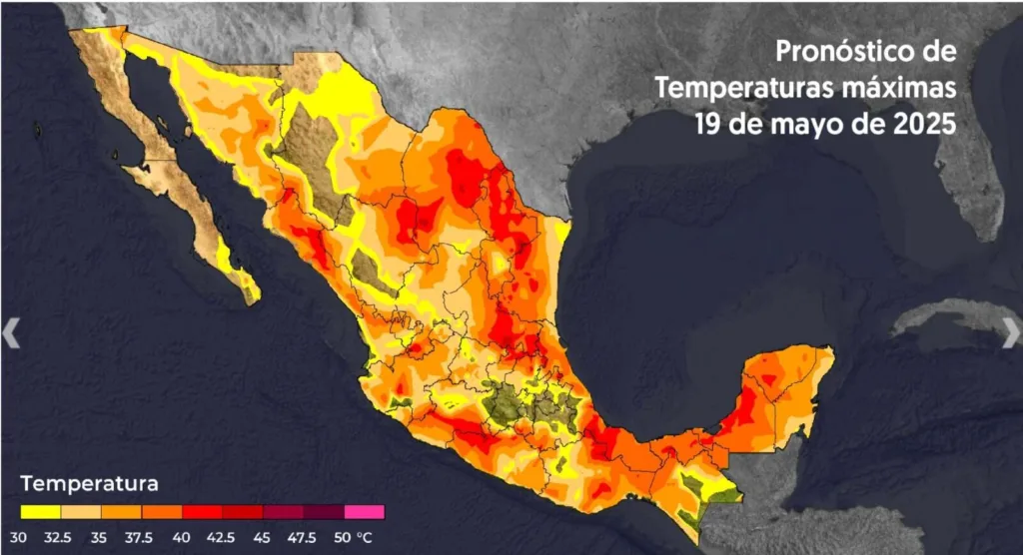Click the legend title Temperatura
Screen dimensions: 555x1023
pos(89,485)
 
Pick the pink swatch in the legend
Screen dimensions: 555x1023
pos(364,512)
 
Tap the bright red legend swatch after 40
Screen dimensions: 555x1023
pos(202,512)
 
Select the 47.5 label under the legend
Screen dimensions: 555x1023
pos(303,537)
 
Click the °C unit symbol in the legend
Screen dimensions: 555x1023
pos(366,537)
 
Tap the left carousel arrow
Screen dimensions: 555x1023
pos(11,333)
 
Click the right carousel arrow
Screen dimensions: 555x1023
pos(1011,333)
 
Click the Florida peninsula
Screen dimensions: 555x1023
pos(974,190)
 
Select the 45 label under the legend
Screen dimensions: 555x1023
pos(263,537)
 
